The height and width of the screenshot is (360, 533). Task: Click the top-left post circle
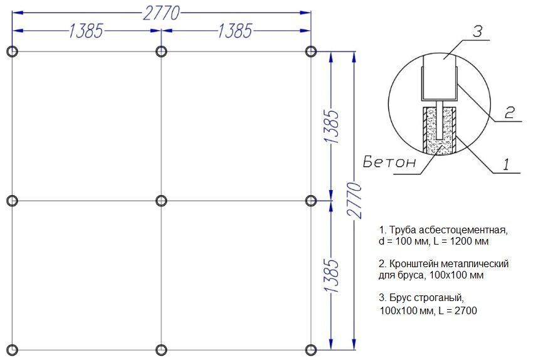point(8,51)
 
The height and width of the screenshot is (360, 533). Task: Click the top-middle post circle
point(157,51)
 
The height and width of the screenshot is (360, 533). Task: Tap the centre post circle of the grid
point(157,201)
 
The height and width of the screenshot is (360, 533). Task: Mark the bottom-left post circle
point(8,350)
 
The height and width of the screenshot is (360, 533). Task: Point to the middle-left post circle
point(8,201)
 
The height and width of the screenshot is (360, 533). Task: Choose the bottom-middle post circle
point(157,350)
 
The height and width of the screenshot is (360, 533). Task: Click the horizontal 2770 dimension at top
point(161,13)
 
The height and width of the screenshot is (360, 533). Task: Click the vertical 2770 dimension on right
point(354,201)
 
